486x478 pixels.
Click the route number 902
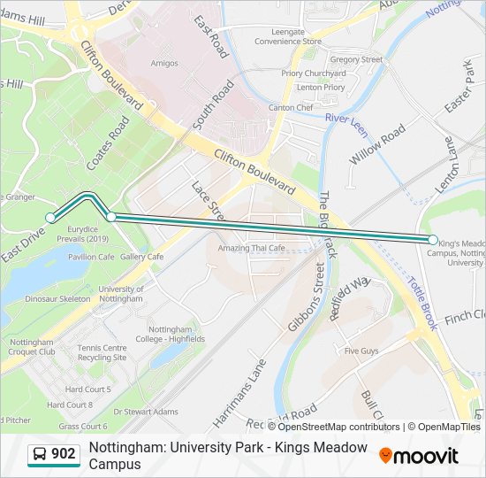click(64, 454)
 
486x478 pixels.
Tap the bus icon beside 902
click(40, 454)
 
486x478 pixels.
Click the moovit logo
click(419, 456)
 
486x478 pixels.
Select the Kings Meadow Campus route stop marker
click(433, 240)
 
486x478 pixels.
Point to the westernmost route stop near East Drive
click(50, 218)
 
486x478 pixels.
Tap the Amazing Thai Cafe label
click(253, 249)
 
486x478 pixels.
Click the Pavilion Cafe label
click(92, 257)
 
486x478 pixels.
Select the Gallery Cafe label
click(142, 257)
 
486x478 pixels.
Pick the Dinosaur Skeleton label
click(57, 299)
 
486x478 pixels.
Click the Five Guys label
click(361, 351)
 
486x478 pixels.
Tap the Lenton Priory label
click(320, 88)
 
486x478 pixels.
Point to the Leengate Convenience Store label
click(288, 36)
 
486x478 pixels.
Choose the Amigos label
click(163, 64)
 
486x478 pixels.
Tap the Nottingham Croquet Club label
click(33, 347)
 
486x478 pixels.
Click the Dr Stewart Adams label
click(148, 412)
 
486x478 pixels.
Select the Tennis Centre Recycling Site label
click(103, 352)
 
